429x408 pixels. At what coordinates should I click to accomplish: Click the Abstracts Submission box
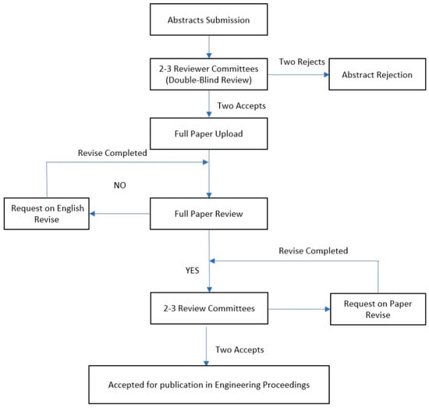point(209,20)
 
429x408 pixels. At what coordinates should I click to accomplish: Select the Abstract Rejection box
point(378,74)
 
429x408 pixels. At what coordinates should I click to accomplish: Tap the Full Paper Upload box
point(209,133)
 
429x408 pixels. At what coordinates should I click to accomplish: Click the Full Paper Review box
point(209,214)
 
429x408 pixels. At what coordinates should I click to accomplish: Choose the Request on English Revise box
point(47,214)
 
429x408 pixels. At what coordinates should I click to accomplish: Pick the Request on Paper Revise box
point(378,309)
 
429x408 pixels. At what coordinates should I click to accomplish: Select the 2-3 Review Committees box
point(209,308)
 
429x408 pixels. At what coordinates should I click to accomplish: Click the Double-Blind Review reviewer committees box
point(209,74)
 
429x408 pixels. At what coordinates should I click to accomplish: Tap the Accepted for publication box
point(209,385)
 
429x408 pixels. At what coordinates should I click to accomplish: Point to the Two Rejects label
point(302,62)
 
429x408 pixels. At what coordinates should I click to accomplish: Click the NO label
point(120,185)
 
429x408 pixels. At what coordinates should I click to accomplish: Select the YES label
point(193,271)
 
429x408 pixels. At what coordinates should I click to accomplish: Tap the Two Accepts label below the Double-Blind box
point(241,106)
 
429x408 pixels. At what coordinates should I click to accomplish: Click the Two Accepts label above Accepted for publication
point(239,349)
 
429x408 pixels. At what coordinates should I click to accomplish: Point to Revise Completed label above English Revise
point(112,153)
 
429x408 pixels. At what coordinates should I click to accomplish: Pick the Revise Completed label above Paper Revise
point(314,250)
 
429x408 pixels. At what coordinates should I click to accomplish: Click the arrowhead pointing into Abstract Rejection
point(326,74)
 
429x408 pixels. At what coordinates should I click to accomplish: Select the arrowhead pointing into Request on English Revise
point(93,214)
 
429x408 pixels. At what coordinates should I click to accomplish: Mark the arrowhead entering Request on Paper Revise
point(328,309)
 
